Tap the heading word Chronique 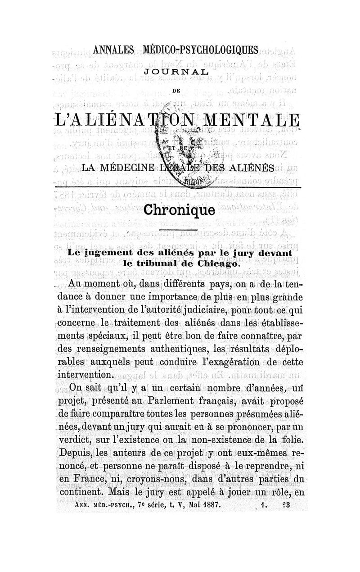179,210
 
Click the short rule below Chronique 179,231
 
